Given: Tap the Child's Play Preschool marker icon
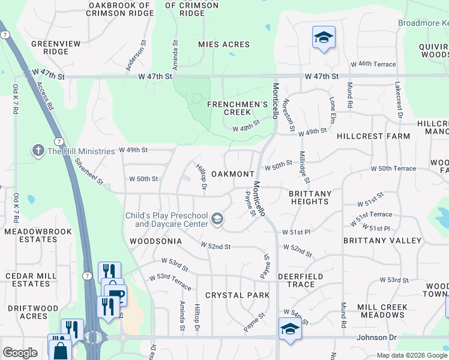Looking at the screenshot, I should coord(217,220).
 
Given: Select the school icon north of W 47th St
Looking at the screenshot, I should coord(323,38).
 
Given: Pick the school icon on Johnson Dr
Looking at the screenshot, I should coord(290,329).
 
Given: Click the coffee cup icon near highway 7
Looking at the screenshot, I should coord(115,294).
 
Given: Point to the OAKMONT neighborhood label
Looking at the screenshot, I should coord(233,174).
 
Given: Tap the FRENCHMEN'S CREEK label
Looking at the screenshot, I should coord(237,108).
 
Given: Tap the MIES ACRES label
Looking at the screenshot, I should coord(224,45).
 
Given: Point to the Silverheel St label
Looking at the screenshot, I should coord(89,171).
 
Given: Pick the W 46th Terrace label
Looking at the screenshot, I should coord(373,64).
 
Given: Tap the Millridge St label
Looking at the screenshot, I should coord(304,167).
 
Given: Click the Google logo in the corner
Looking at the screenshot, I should coord(20,353).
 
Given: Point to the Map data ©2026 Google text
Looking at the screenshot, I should coord(411,355).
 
